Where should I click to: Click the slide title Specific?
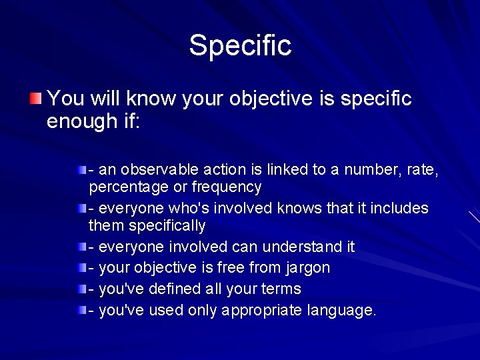pos(240,45)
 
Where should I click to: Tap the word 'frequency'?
pos(227,187)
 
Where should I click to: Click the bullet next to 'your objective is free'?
pos(81,268)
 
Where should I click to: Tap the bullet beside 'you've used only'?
pos(81,311)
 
